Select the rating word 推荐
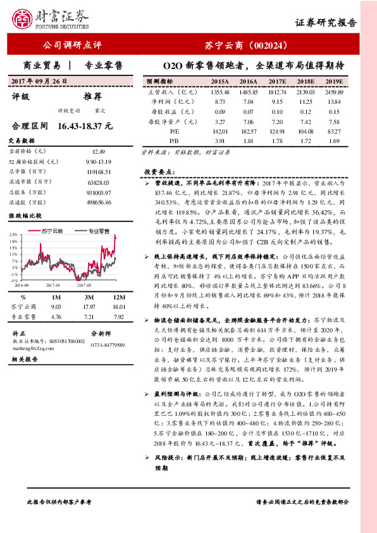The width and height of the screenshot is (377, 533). pyautogui.click(x=93, y=96)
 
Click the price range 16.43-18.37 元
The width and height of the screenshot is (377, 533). pyautogui.click(x=85, y=127)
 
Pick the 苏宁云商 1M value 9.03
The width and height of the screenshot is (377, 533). pyautogui.click(x=55, y=307)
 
